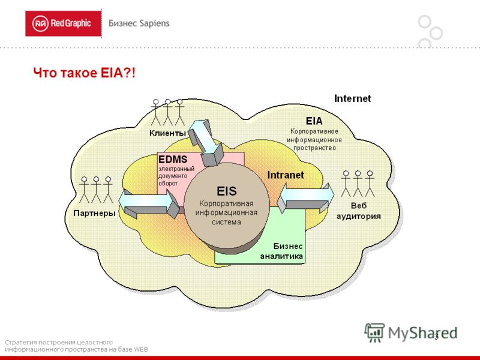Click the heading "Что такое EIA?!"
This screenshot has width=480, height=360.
[x=84, y=73]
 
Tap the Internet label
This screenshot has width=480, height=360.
[x=352, y=98]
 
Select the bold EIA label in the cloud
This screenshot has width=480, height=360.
[x=314, y=121]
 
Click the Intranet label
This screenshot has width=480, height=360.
[x=286, y=175]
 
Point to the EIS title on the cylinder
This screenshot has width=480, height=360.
[x=227, y=191]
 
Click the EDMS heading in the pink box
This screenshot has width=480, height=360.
[x=173, y=160]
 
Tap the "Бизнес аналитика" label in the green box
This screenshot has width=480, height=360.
[x=281, y=251]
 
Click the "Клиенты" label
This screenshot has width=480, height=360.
[x=167, y=133]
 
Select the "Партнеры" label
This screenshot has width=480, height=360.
[x=94, y=213]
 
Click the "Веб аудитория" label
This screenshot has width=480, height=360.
[x=358, y=211]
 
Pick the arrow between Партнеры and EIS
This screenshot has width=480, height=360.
[x=149, y=203]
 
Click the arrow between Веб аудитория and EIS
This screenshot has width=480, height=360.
[x=305, y=198]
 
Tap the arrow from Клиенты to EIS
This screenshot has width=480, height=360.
[x=205, y=143]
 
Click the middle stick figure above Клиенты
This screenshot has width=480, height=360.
[x=168, y=112]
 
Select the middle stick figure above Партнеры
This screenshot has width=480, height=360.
[x=96, y=190]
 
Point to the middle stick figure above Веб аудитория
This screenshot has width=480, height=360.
[x=358, y=184]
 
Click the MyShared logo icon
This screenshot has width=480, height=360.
[x=374, y=332]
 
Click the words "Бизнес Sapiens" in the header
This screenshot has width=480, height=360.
[x=139, y=23]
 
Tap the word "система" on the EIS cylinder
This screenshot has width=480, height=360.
[x=227, y=222]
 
